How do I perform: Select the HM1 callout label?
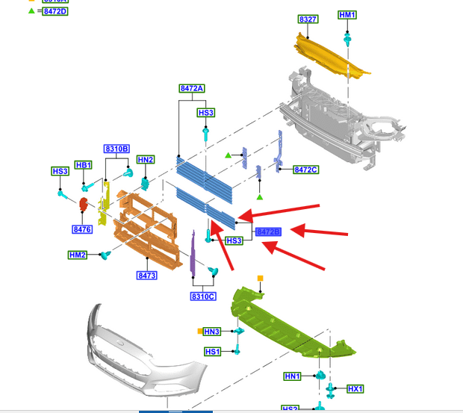[347, 15]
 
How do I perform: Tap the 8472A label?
[192, 89]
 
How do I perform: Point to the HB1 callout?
[83, 165]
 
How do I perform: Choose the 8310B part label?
[116, 149]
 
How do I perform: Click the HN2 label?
[145, 160]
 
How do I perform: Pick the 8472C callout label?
[305, 170]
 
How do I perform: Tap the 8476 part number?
[82, 229]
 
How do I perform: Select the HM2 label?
[78, 255]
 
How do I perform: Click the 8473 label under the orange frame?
[146, 276]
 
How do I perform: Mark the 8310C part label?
[202, 296]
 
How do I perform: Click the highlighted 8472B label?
[268, 232]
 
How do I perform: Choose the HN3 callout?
[212, 332]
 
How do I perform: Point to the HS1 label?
[212, 352]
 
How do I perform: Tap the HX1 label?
[355, 389]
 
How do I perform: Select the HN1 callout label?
[292, 376]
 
